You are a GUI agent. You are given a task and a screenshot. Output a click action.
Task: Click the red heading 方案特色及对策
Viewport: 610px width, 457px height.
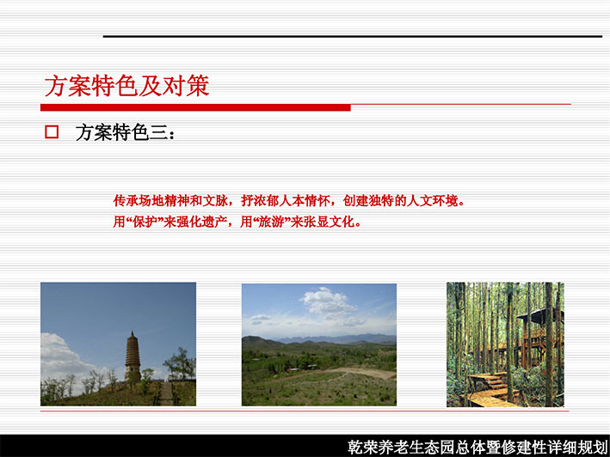click(x=126, y=85)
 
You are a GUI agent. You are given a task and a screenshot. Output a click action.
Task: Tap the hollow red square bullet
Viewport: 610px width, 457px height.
click(x=52, y=132)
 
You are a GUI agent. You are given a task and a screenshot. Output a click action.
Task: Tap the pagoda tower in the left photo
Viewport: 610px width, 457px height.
click(x=132, y=357)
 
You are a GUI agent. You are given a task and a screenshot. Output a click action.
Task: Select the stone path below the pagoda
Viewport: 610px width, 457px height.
click(x=167, y=393)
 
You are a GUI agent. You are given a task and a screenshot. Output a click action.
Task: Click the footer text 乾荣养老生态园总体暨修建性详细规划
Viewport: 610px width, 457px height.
click(x=478, y=447)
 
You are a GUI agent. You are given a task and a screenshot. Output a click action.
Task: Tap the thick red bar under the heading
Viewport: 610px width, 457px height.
click(x=195, y=107)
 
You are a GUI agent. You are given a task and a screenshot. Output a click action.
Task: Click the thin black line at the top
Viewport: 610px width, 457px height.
click(x=353, y=36)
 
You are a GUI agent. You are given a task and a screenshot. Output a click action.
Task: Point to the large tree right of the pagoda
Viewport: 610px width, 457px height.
click(x=180, y=363)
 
